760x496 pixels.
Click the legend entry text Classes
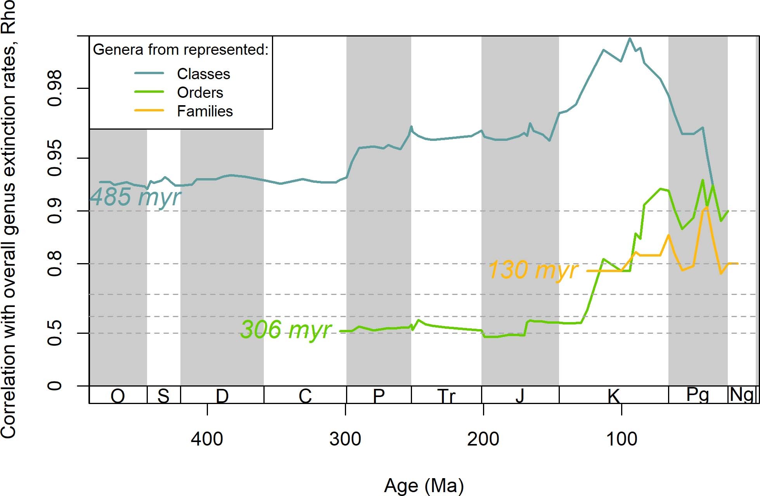click(203, 74)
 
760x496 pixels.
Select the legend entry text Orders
click(200, 92)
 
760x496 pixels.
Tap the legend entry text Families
click(204, 111)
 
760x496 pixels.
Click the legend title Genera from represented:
click(180, 50)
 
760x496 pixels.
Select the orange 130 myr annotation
click(533, 270)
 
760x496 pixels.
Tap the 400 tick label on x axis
click(207, 439)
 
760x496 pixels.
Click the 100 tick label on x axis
click(622, 439)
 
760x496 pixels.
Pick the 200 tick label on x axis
click(483, 439)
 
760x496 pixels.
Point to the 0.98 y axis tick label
click(55, 88)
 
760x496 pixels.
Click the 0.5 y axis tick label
click(55, 333)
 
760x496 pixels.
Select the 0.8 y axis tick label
click(55, 264)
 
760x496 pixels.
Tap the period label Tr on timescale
click(446, 396)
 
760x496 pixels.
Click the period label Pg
click(698, 395)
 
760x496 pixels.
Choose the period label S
click(163, 396)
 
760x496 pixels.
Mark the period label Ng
click(742, 395)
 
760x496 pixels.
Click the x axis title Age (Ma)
click(424, 486)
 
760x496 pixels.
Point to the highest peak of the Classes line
click(630, 38)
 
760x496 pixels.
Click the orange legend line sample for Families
click(149, 111)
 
